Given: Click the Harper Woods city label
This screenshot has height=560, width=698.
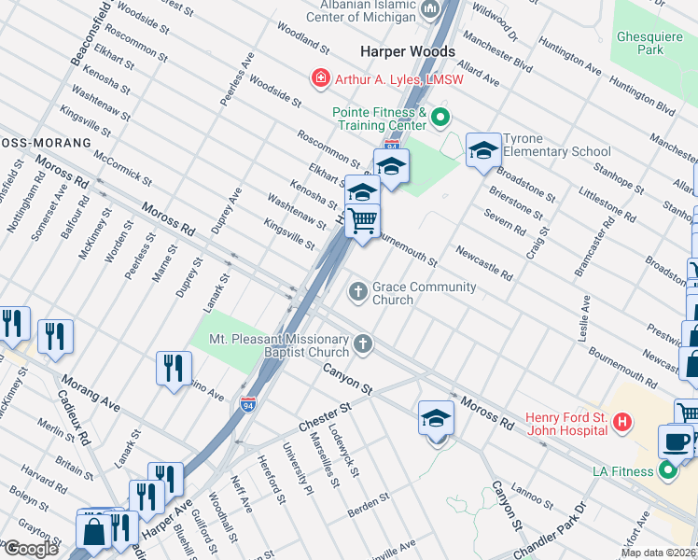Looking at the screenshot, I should (x=408, y=51).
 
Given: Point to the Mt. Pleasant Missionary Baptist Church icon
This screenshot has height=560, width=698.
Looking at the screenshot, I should (x=363, y=346).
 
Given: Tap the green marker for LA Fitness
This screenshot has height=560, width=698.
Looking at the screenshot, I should (x=668, y=471).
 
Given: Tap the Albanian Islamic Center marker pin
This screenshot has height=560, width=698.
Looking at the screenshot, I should (x=430, y=9).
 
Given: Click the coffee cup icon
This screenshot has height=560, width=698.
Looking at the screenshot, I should (x=676, y=440).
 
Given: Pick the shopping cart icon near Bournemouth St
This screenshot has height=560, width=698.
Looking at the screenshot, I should (x=363, y=222).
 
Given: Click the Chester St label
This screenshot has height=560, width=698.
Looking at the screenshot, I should (x=324, y=417).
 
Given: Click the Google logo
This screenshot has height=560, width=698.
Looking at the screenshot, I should (x=31, y=548).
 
